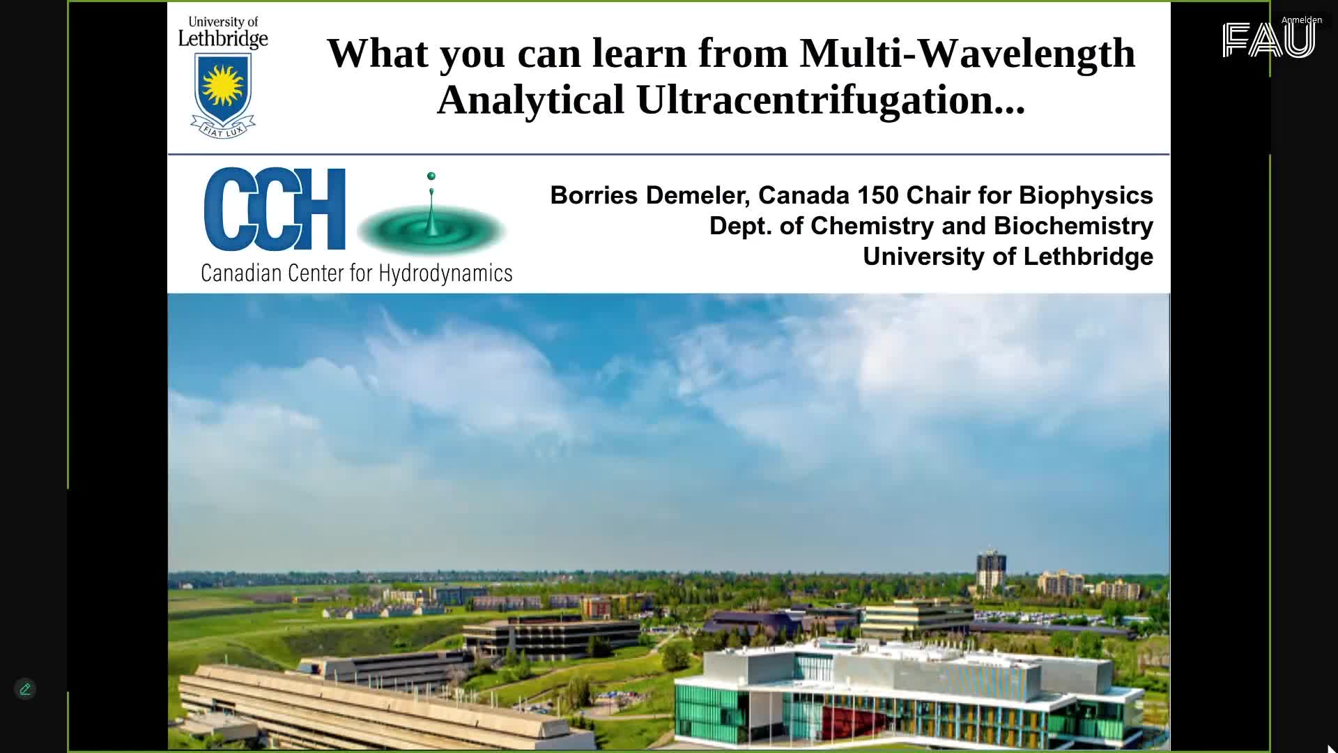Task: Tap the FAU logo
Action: click(1268, 40)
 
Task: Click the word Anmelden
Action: click(1302, 20)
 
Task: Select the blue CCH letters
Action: click(275, 208)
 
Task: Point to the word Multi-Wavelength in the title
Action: click(967, 54)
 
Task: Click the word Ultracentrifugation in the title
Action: click(830, 100)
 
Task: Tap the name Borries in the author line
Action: click(594, 195)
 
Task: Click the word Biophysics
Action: click(1086, 196)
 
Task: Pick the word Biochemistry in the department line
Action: click(1073, 227)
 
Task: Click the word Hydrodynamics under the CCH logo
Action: click(445, 273)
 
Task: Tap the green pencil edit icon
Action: click(25, 689)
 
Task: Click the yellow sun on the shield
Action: click(222, 85)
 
